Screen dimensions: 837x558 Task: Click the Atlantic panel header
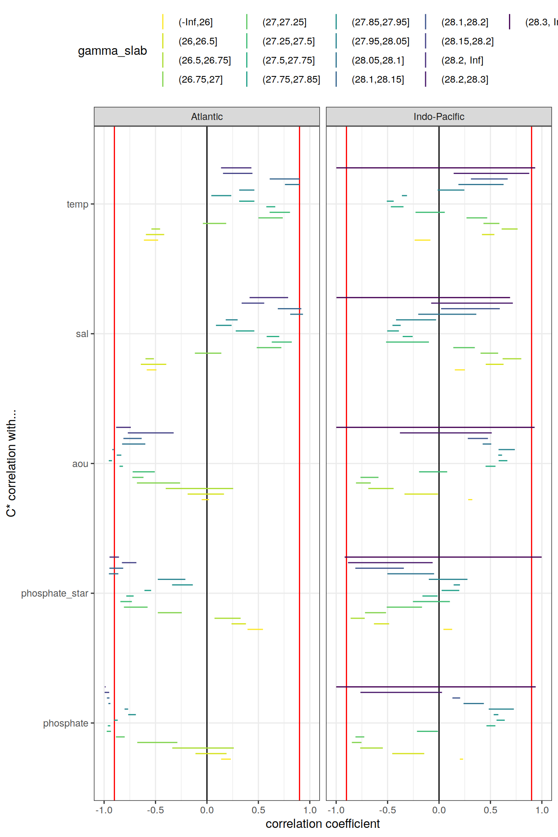[x=207, y=117]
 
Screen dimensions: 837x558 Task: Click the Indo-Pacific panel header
[x=439, y=117]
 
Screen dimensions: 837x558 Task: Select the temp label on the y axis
[x=78, y=204]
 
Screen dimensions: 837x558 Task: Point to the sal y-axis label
[x=82, y=334]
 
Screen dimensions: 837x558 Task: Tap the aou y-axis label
[x=80, y=464]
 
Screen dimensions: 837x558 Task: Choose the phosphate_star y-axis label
[x=55, y=593]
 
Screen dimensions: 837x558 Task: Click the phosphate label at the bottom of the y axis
[x=66, y=723]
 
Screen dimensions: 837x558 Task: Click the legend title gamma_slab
[x=113, y=51]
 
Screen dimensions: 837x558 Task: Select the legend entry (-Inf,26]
[x=196, y=22]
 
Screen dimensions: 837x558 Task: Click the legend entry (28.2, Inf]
[x=462, y=60]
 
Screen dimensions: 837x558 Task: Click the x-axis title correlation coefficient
[x=323, y=824]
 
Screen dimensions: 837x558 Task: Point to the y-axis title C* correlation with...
[x=11, y=463]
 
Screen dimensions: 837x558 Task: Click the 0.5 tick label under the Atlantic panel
[x=258, y=810]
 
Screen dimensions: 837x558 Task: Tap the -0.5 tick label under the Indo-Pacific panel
[x=387, y=810]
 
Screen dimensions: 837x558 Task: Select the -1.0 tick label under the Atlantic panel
[x=104, y=810]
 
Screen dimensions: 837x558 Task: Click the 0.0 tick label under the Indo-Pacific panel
[x=439, y=810]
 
